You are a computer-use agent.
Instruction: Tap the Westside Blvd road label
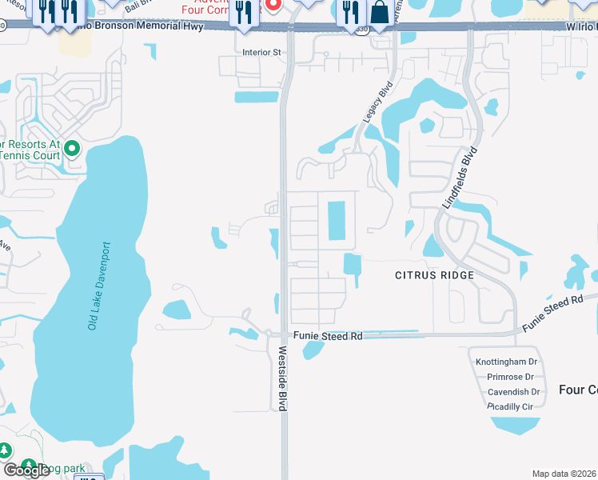coord(282,378)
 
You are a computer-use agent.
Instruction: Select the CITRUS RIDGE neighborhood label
coord(435,275)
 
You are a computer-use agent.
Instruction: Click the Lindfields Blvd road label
coord(460,179)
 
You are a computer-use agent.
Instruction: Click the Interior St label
coord(262,53)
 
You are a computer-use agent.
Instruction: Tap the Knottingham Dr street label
coord(506,362)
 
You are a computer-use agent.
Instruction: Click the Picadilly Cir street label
coord(510,406)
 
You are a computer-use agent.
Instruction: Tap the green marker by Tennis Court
coord(71,148)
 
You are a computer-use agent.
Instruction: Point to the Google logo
coord(26,470)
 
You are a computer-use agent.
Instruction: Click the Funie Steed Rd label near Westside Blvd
coord(328,337)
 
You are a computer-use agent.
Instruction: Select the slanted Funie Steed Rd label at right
coord(552,313)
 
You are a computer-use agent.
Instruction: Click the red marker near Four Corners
coord(273,5)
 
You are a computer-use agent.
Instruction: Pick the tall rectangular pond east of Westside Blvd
coord(337,220)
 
